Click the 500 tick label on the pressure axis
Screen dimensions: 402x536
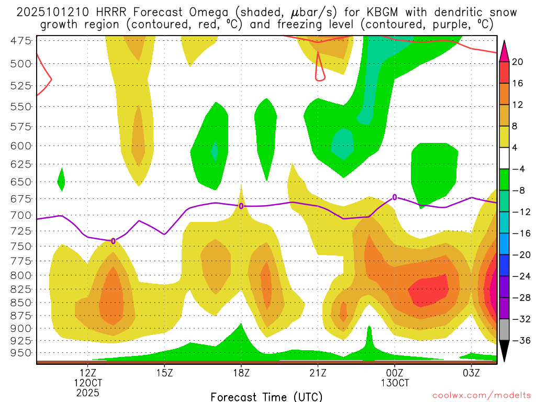[x=20, y=64]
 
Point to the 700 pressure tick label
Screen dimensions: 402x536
[x=20, y=215]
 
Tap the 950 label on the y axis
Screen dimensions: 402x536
[x=20, y=353]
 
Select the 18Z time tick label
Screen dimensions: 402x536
[x=241, y=373]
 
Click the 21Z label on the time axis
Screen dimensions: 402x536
[x=318, y=373]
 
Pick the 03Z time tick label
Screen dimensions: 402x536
[x=472, y=373]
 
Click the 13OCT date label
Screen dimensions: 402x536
[x=395, y=383]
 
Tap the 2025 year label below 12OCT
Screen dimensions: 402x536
[x=87, y=392]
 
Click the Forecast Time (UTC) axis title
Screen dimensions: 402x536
[x=266, y=396]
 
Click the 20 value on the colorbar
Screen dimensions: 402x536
[x=518, y=62]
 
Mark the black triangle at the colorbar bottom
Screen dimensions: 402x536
[x=504, y=351]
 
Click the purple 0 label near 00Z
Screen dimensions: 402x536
[x=395, y=197]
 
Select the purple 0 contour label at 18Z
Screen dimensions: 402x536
[x=241, y=206]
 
